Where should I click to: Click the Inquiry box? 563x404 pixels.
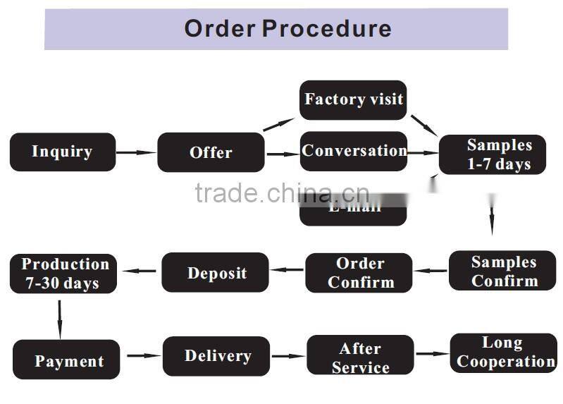coord(62,152)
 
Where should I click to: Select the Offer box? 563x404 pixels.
coord(211,152)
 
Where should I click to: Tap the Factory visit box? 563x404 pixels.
coord(353,99)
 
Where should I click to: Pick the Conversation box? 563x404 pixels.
coord(354,151)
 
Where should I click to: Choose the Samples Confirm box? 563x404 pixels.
coord(502,271)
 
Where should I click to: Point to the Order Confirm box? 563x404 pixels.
coord(359,273)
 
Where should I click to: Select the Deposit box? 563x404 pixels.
coord(216,272)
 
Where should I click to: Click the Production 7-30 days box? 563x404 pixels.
coord(63,274)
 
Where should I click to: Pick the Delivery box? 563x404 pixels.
coord(216,356)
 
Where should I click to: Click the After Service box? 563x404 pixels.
coord(360,357)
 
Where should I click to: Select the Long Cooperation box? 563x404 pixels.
coord(503,353)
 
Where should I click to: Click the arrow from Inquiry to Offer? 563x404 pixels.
coord(136,152)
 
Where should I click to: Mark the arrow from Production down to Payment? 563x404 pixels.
coord(60,319)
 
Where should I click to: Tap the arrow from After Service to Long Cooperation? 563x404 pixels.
coord(431,354)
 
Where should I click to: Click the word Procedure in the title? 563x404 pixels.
coord(326,28)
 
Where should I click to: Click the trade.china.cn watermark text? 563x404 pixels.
coord(281,192)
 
